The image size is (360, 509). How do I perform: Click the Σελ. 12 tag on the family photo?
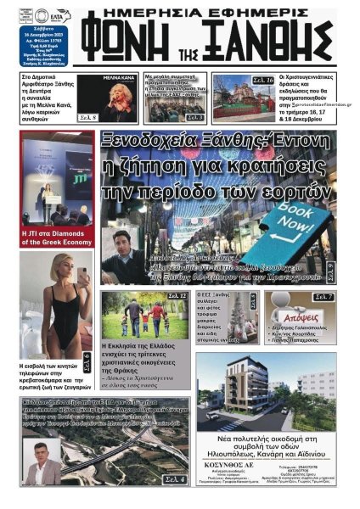tap(177, 295)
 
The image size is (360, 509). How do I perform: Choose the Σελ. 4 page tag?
tap(174, 479)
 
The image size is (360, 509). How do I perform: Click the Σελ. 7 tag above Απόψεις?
tap(323, 296)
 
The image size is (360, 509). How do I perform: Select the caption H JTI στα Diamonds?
tap(56, 231)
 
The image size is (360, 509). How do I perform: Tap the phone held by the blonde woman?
tap(82, 277)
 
